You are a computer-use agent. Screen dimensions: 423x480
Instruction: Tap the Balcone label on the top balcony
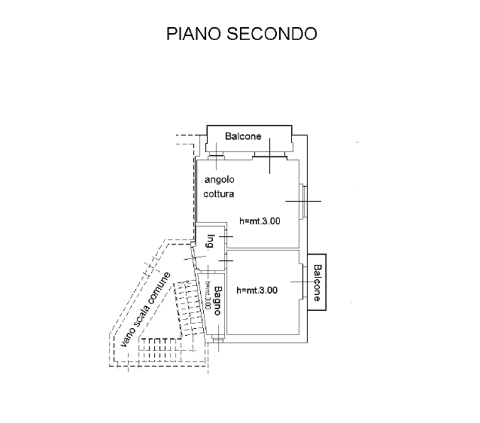[x=243, y=136]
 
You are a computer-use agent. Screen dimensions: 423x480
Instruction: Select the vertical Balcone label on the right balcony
[x=317, y=283]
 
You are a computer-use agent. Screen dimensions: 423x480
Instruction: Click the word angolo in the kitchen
[x=220, y=180]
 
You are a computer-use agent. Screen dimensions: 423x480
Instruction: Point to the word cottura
[x=219, y=193]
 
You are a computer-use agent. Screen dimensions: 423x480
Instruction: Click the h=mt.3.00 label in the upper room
[x=259, y=221]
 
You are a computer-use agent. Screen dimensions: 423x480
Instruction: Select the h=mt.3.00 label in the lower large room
[x=257, y=290]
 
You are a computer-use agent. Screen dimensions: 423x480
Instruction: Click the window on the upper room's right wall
[x=302, y=201]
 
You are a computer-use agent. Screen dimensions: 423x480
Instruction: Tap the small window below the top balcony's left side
[x=216, y=157]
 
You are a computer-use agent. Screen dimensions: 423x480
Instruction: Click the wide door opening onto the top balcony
[x=269, y=155]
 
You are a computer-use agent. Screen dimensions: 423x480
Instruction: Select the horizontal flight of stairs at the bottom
[x=166, y=348]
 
